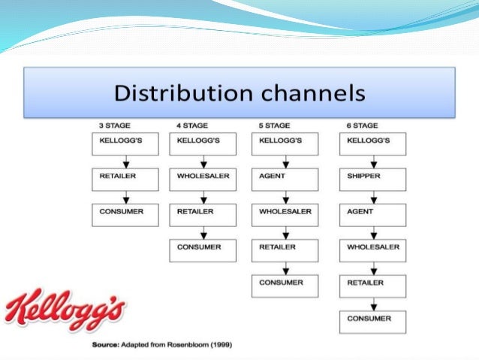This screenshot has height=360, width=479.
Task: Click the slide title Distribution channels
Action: tap(239, 95)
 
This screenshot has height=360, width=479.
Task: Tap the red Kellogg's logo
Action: tap(66, 309)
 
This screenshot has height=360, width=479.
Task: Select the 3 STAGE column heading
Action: tap(113, 126)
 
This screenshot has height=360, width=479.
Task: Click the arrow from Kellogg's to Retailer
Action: tap(125, 162)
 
